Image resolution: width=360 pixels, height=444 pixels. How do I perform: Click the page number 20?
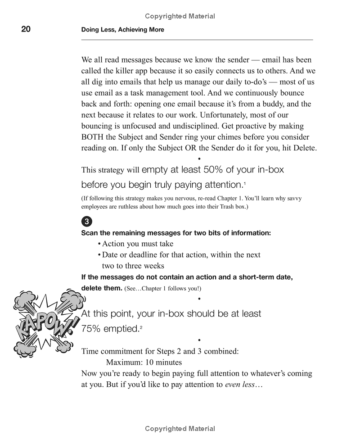point(26,29)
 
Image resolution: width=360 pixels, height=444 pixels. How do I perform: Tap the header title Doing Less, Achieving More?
point(122,30)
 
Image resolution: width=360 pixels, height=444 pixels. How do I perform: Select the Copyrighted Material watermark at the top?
point(180,16)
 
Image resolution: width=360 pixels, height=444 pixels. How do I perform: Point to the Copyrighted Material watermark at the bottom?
point(180,429)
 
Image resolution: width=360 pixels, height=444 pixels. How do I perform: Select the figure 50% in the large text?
point(214,170)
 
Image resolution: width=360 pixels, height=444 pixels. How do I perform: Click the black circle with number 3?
point(86,222)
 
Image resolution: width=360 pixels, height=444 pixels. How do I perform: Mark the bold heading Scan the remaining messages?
point(175,233)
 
